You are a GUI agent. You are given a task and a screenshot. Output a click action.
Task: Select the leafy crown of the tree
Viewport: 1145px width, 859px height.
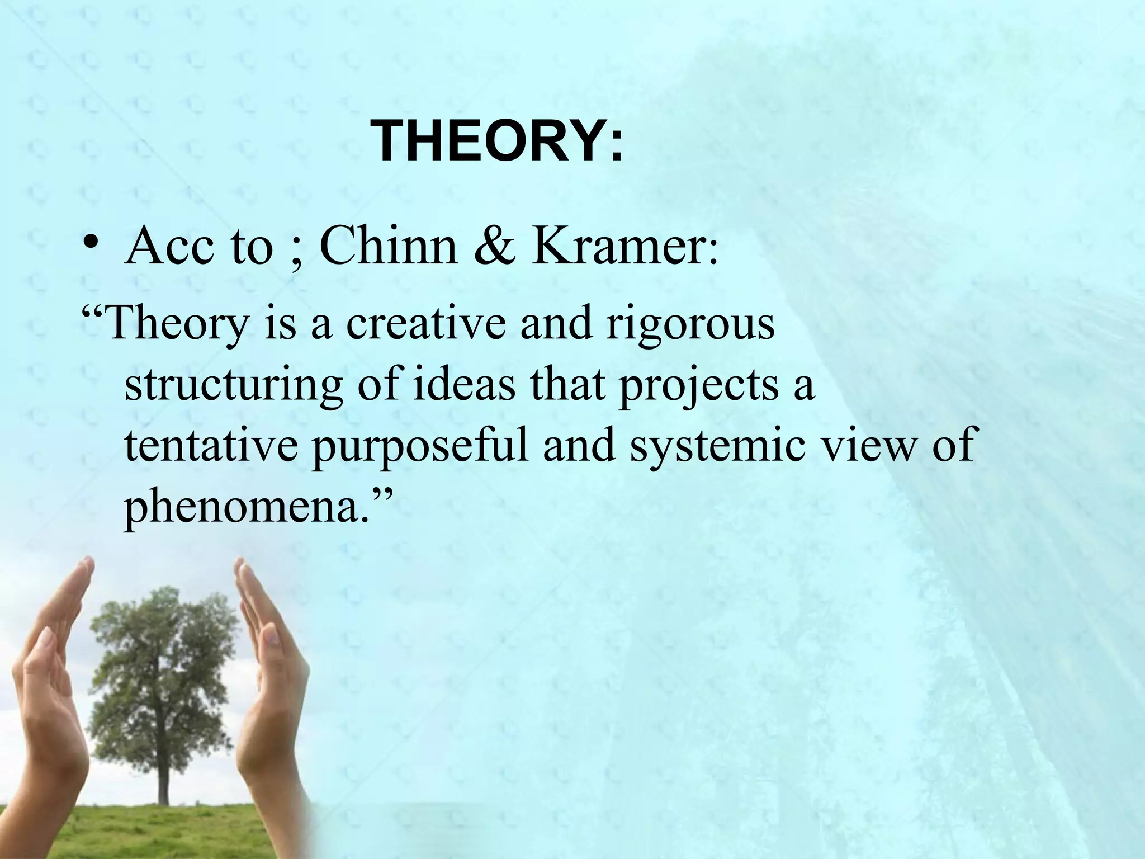[x=162, y=654]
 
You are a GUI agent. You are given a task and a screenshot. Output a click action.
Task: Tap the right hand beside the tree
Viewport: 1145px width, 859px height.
[x=268, y=699]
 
